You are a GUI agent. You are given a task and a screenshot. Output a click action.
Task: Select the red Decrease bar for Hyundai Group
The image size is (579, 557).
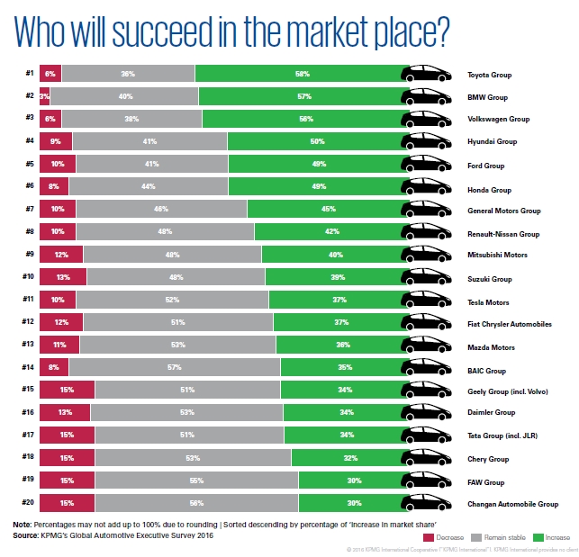[55, 141]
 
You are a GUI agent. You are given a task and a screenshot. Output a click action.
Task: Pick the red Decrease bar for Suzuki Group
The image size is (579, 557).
[62, 277]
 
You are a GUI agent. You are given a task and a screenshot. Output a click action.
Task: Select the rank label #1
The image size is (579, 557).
[30, 73]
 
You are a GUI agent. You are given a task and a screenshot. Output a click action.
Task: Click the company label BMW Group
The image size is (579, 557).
[487, 96]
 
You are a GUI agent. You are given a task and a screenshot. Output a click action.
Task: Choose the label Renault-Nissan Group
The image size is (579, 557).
[502, 233]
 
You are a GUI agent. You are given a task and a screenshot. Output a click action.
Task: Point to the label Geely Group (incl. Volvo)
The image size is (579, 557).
[507, 391]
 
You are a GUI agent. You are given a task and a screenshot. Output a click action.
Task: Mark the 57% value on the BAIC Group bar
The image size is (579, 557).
[175, 367]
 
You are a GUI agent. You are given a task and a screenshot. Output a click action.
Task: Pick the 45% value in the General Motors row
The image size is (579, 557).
[328, 209]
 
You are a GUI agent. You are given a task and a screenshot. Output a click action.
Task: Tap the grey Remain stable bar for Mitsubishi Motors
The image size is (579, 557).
[171, 255]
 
